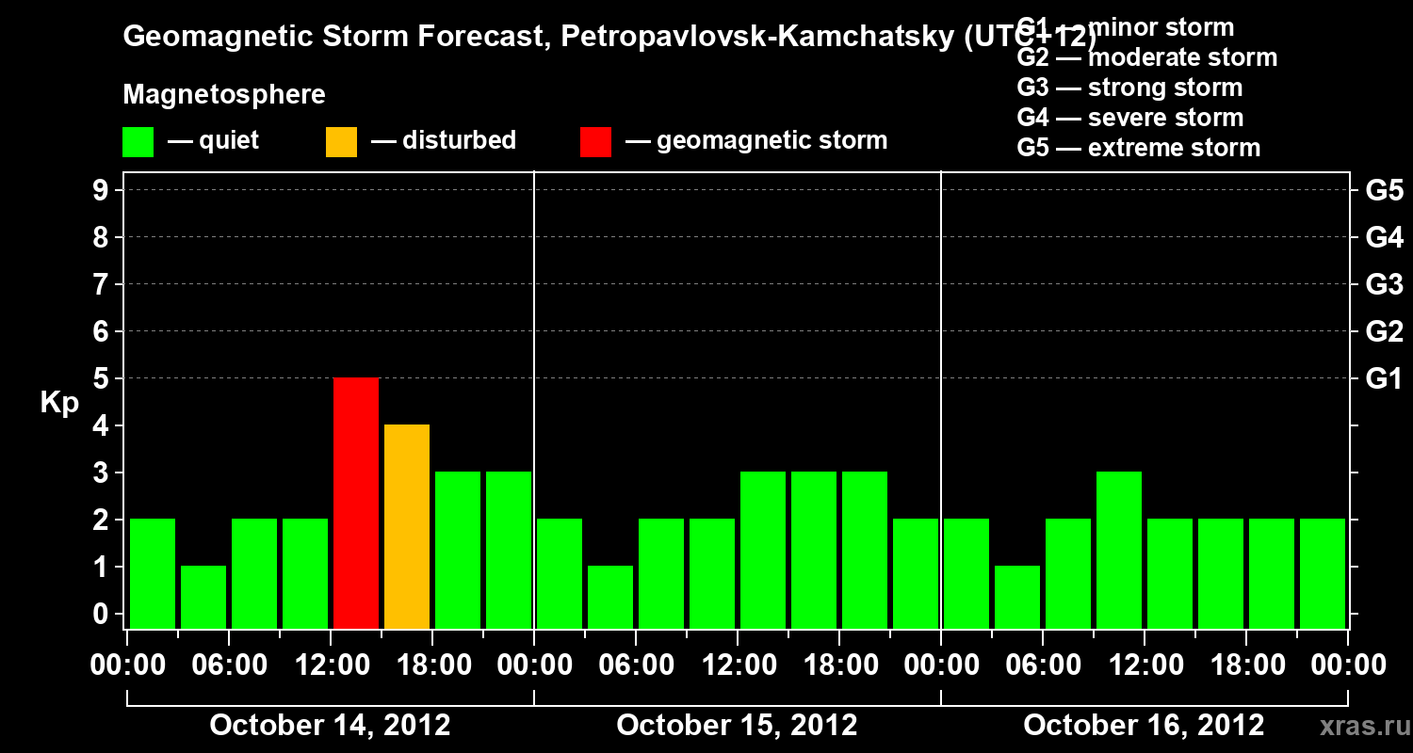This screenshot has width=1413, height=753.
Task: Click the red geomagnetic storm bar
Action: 356,503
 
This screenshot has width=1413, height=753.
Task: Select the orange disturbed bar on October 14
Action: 407,526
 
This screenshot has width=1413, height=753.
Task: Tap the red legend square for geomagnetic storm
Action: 595,141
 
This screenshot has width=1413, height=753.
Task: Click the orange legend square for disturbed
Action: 341,141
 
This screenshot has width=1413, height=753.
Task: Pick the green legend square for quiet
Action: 138,141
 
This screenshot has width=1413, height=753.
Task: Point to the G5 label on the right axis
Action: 1384,191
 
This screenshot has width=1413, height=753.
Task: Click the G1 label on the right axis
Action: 1384,379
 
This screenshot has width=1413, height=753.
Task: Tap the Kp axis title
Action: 59,403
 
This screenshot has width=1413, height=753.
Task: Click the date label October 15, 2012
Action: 737,725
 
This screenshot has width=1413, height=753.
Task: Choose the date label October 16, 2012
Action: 1144,725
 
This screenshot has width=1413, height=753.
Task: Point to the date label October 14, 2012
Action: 330,725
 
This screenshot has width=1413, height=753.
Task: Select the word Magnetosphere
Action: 224,95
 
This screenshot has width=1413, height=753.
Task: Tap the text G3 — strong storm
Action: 1129,88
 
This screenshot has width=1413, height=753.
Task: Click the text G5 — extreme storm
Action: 1138,148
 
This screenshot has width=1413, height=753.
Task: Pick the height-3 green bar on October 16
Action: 1119,550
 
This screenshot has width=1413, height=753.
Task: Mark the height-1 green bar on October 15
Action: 610,597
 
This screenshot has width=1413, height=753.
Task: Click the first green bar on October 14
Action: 153,573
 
